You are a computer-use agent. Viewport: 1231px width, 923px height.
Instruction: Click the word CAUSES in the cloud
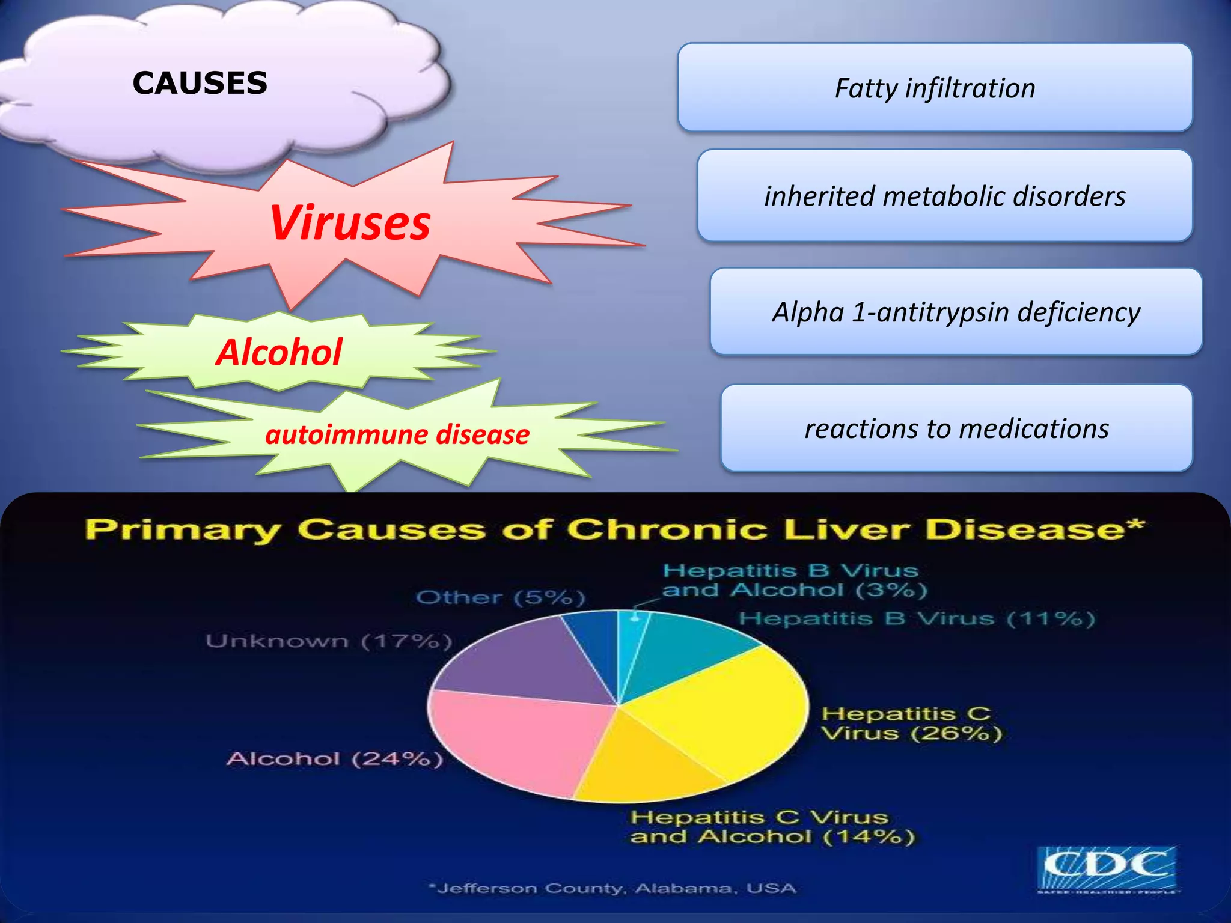pyautogui.click(x=200, y=83)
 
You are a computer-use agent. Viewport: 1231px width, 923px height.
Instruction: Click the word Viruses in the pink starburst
pyautogui.click(x=350, y=223)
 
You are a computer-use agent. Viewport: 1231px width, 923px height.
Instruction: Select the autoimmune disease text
pyautogui.click(x=397, y=434)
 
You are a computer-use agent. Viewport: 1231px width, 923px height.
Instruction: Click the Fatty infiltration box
pyautogui.click(x=935, y=88)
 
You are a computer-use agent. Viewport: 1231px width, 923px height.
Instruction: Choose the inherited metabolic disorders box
pyautogui.click(x=944, y=196)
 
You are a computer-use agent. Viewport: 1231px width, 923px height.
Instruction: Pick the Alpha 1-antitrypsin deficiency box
pyautogui.click(x=956, y=312)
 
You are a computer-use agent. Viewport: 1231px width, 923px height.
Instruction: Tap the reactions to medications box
pyautogui.click(x=956, y=428)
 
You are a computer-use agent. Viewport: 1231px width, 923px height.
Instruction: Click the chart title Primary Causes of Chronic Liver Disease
pyautogui.click(x=614, y=529)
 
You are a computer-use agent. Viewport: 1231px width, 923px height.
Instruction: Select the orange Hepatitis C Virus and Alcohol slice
pyautogui.click(x=643, y=763)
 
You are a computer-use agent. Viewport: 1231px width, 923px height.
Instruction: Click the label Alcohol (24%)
pyautogui.click(x=335, y=759)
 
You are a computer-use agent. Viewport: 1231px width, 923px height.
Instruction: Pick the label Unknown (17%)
pyautogui.click(x=328, y=641)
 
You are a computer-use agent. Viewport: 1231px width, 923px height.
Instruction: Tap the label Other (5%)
pyautogui.click(x=500, y=597)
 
